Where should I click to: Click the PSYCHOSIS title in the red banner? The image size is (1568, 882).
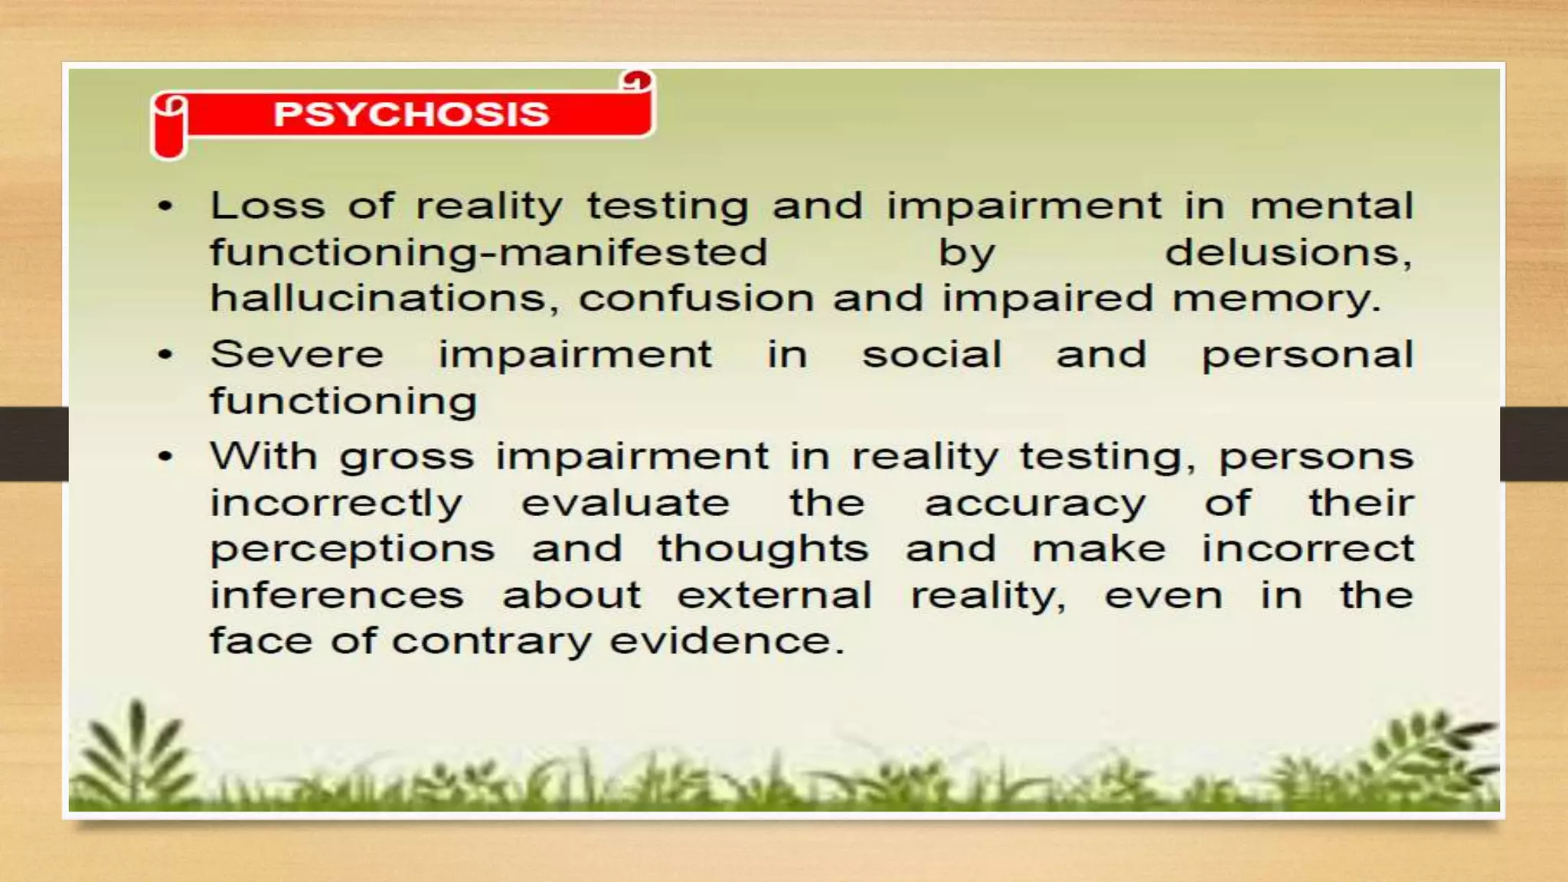coord(411,114)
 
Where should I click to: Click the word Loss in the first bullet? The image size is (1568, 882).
coord(268,206)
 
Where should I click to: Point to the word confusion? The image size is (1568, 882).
coord(696,298)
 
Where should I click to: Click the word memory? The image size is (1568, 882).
coord(1276,299)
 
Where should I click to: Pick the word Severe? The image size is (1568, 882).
coord(297,354)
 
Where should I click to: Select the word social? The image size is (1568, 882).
coord(932,354)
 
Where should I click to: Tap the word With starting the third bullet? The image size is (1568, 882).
coord(263,456)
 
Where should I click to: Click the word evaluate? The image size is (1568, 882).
coord(626,503)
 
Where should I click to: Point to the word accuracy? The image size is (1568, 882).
coord(1035,505)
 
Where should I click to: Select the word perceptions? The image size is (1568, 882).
coord(353,550)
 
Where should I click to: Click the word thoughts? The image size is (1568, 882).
coord(763,549)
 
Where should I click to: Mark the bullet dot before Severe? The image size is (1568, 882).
coord(165,355)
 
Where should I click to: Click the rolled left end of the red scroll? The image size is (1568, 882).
coord(170,127)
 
